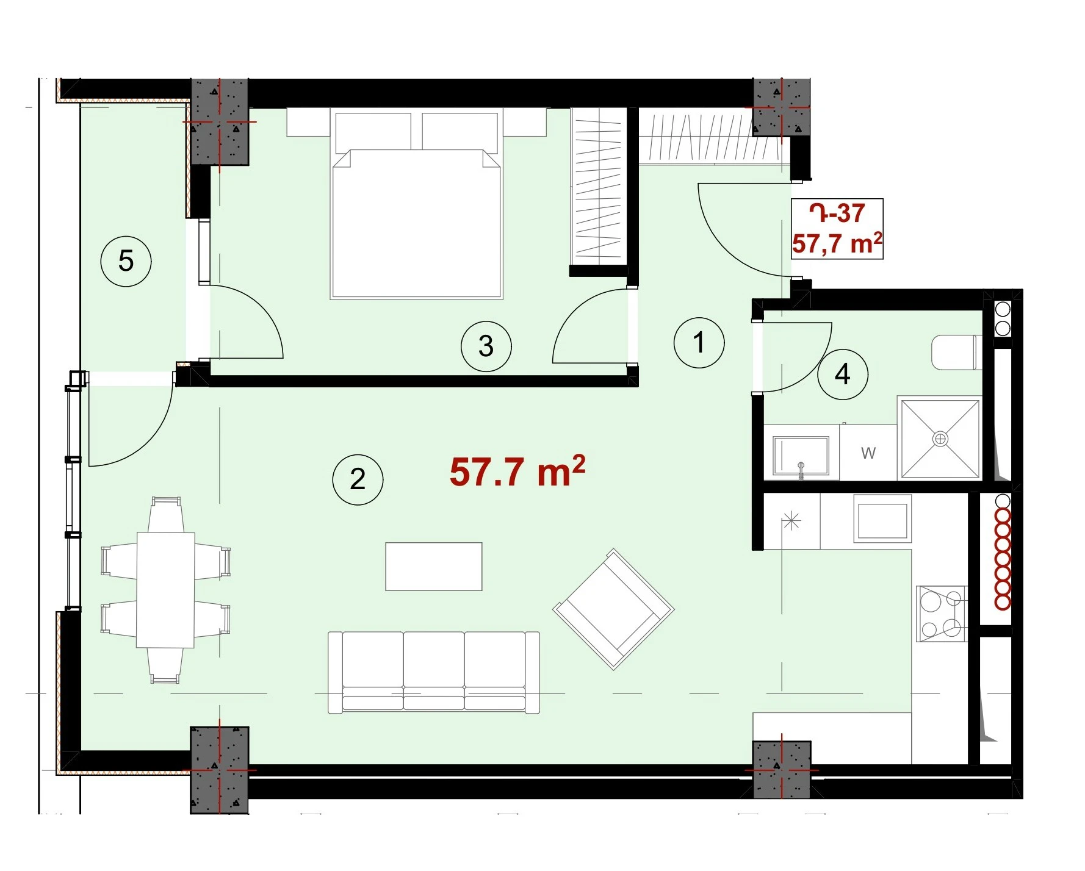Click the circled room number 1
pyautogui.click(x=699, y=342)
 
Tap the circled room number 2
pyautogui.click(x=358, y=479)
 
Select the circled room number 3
pyautogui.click(x=486, y=346)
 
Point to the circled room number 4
pyautogui.click(x=843, y=374)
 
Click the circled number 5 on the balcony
pyautogui.click(x=126, y=261)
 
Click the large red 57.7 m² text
pyautogui.click(x=517, y=471)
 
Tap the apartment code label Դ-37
pyautogui.click(x=837, y=213)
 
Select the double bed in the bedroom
pyautogui.click(x=416, y=204)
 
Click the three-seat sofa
pyautogui.click(x=434, y=672)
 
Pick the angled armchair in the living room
pyautogui.click(x=613, y=609)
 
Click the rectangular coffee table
pyautogui.click(x=434, y=567)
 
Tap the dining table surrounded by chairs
pyautogui.click(x=165, y=590)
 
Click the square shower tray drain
pyautogui.click(x=940, y=439)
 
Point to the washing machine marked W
pyautogui.click(x=868, y=452)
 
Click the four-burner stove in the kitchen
pyautogui.click(x=942, y=614)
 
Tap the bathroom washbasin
pyautogui.click(x=801, y=456)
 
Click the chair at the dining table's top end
pyautogui.click(x=166, y=514)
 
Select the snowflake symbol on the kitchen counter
pyautogui.click(x=791, y=521)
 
